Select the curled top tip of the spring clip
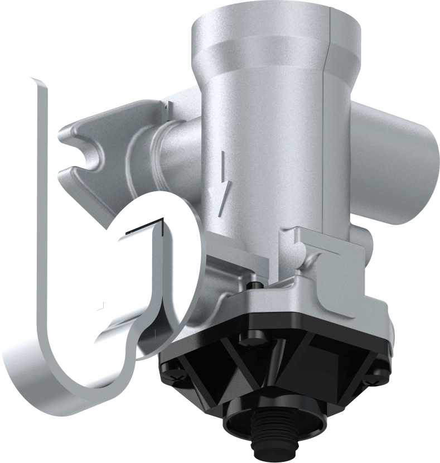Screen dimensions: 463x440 click(37, 81)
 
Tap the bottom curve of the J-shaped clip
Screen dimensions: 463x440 click(84, 390)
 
